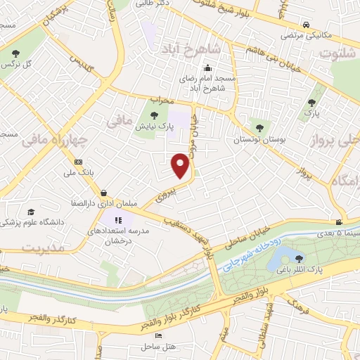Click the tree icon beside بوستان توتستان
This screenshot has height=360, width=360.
click(260, 127)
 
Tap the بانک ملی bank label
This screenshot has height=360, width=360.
click(78, 172)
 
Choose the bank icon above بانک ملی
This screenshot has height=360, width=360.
click(77, 161)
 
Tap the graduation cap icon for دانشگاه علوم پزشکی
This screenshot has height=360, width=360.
click(30, 212)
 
